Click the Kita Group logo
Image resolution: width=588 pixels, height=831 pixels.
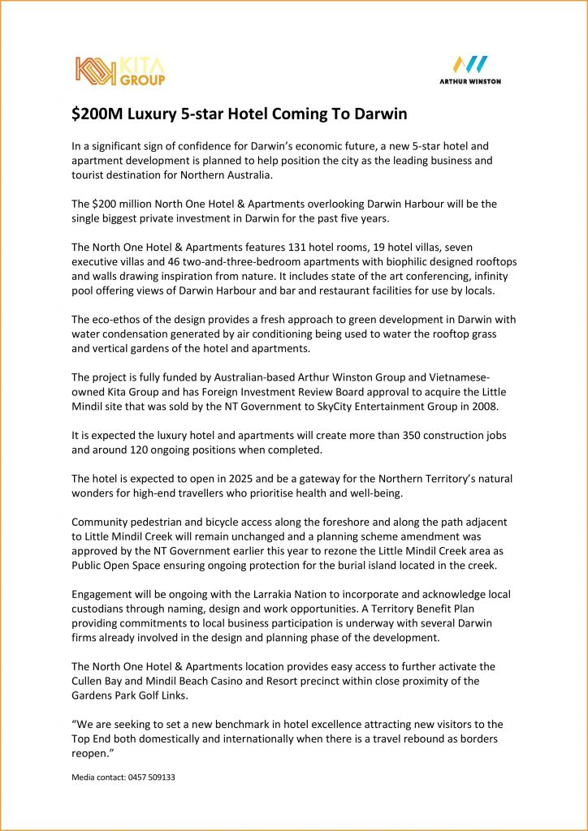[120, 71]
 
